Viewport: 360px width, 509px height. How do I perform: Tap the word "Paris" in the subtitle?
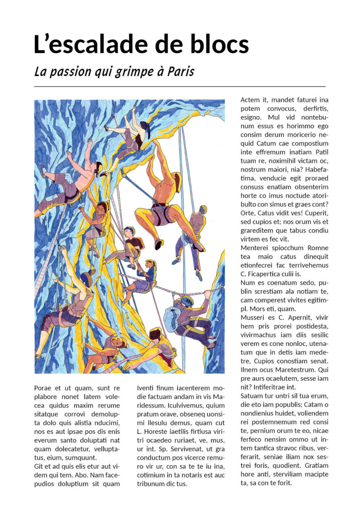coord(181,72)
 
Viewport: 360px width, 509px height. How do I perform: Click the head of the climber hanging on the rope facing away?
coord(203,210)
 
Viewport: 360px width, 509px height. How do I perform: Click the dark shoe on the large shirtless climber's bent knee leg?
coord(158,244)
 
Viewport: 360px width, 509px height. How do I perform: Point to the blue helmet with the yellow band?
coord(87,279)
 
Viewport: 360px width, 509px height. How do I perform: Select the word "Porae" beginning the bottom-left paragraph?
coord(43,388)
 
